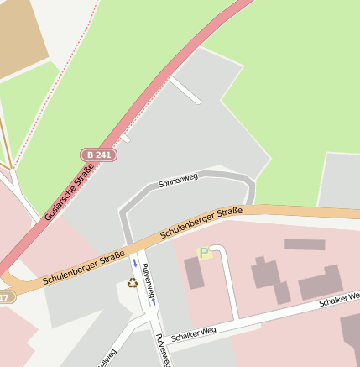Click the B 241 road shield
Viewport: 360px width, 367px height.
pyautogui.click(x=98, y=155)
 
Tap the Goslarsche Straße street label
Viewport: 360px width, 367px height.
pyautogui.click(x=70, y=192)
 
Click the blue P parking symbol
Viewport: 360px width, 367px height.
pyautogui.click(x=203, y=252)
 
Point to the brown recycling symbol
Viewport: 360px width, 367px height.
pyautogui.click(x=132, y=283)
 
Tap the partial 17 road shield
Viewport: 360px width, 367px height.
pyautogui.click(x=5, y=297)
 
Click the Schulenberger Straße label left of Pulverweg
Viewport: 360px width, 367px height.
pyautogui.click(x=83, y=266)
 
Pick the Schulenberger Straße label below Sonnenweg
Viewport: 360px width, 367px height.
pyautogui.click(x=201, y=221)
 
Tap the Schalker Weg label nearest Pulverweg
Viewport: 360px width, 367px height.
pyautogui.click(x=193, y=333)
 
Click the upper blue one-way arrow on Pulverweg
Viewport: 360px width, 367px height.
pyautogui.click(x=134, y=262)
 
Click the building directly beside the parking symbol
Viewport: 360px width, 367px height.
pyautogui.click(x=194, y=273)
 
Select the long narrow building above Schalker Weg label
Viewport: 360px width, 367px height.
pyautogui.click(x=304, y=244)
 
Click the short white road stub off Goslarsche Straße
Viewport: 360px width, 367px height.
pyautogui.click(x=185, y=90)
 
